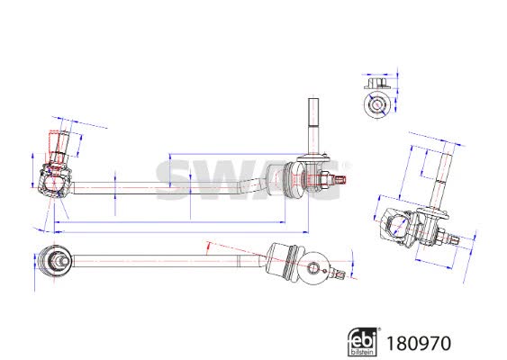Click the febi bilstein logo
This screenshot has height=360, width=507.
click(x=362, y=342)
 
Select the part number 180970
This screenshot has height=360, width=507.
click(x=419, y=343)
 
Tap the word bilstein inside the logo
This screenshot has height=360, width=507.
click(x=362, y=352)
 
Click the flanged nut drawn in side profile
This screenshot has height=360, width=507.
click(x=377, y=83)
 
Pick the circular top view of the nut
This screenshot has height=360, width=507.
click(x=376, y=104)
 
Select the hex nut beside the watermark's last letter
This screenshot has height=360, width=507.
click(x=324, y=179)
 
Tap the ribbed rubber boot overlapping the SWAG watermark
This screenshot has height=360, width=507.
click(x=294, y=180)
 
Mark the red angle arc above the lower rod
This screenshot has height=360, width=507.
click(x=208, y=248)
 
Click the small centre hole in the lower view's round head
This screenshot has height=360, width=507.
click(x=313, y=267)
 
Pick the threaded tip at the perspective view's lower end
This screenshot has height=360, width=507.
click(x=454, y=238)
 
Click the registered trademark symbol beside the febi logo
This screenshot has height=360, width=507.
click(x=379, y=329)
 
